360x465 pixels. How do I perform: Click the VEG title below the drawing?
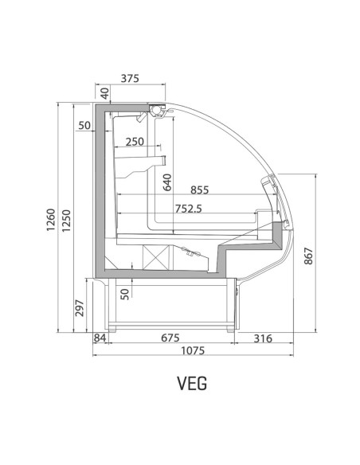pyautogui.click(x=191, y=383)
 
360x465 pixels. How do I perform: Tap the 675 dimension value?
pyautogui.click(x=170, y=338)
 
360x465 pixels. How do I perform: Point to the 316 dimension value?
pyautogui.click(x=262, y=338)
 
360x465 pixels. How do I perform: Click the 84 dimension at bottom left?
pyautogui.click(x=100, y=338)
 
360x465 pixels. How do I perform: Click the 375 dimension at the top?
pyautogui.click(x=131, y=78)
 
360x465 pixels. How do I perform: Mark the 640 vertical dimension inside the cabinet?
pyautogui.click(x=166, y=182)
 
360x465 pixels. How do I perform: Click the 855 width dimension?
pyautogui.click(x=200, y=190)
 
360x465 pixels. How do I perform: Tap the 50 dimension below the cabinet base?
pyautogui.click(x=124, y=294)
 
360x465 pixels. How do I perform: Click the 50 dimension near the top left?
pyautogui.click(x=83, y=125)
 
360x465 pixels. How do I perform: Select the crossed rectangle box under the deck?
pyautogui.click(x=155, y=256)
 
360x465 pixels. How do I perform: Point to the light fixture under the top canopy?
pyautogui.click(x=152, y=115)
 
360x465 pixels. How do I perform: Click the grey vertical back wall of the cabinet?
pyautogui.click(x=101, y=191)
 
